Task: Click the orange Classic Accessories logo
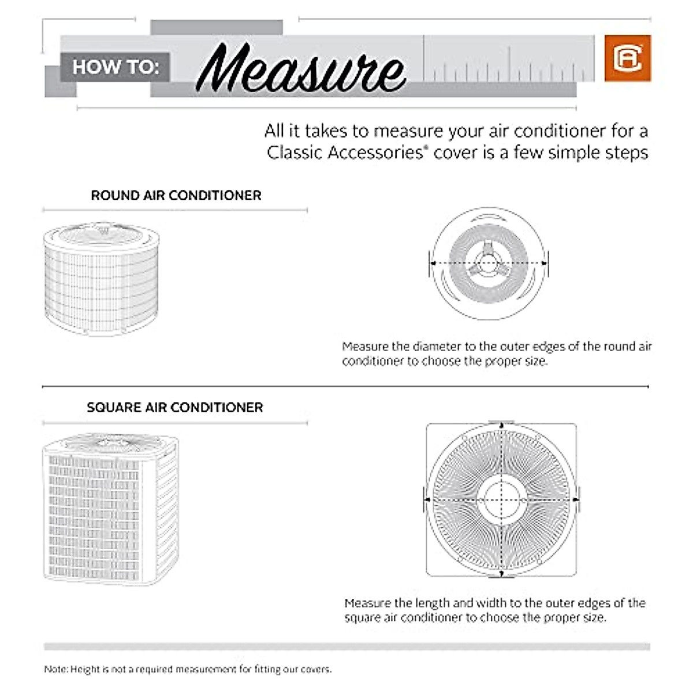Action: [628, 58]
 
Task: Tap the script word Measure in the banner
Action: [300, 68]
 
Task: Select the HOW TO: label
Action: [115, 67]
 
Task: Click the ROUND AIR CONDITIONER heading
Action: [176, 195]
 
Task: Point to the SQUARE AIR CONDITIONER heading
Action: [174, 407]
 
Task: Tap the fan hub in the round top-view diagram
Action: [489, 263]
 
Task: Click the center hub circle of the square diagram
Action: [501, 500]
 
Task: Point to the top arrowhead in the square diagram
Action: [501, 426]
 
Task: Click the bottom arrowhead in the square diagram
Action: [501, 573]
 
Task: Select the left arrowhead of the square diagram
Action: [427, 500]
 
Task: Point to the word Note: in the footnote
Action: [56, 669]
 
